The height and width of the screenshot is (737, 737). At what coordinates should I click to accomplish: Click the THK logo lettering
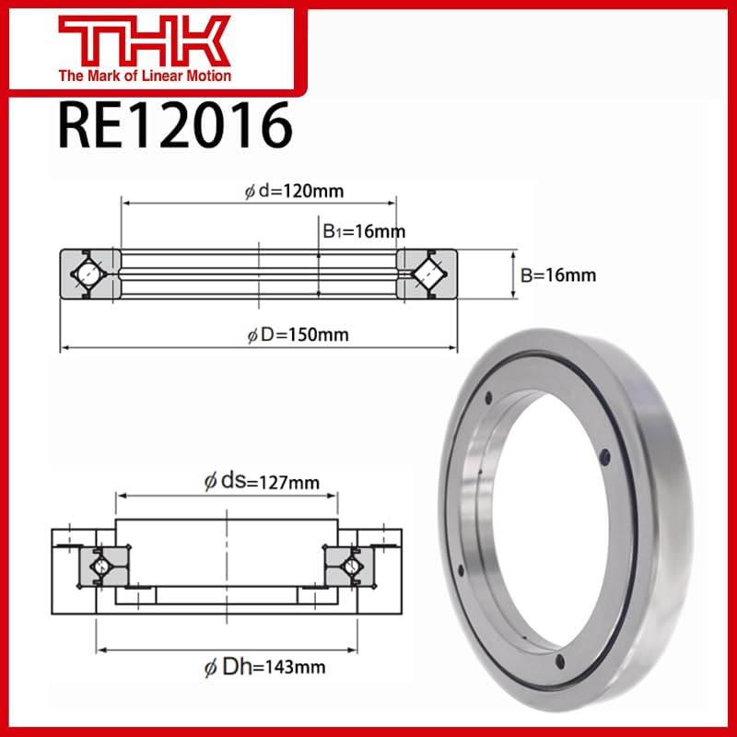[144, 41]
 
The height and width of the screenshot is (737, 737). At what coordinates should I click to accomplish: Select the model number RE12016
[174, 126]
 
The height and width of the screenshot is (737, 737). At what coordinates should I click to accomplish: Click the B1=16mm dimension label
[364, 232]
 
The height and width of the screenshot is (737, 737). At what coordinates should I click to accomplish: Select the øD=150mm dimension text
[298, 334]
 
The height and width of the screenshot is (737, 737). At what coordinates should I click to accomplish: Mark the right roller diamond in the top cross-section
[429, 275]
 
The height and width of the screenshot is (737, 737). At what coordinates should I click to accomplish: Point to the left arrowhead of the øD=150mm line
[64, 348]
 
